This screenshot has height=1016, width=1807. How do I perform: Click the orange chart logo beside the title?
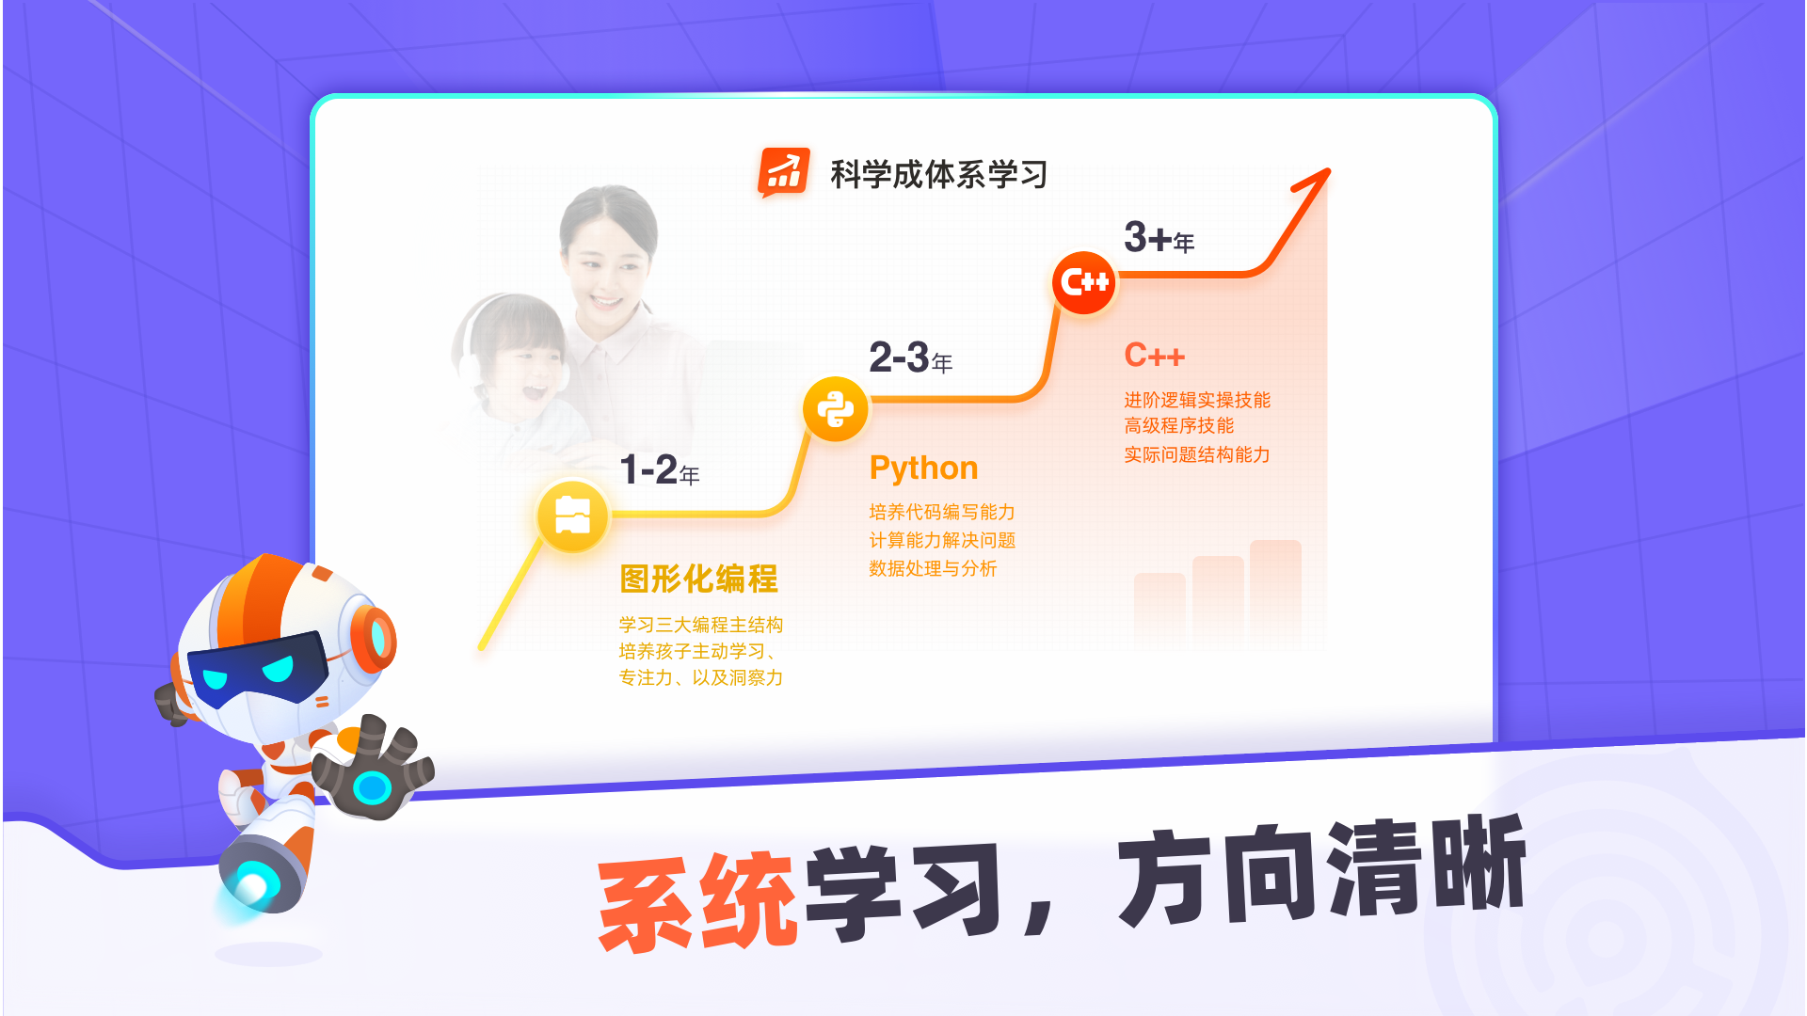point(783,173)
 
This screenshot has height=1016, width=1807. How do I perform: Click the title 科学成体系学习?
point(938,174)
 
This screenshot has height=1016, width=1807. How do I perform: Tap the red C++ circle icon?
point(1083,281)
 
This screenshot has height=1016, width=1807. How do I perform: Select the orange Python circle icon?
point(835,408)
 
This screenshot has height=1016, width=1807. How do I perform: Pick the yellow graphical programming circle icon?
point(572,515)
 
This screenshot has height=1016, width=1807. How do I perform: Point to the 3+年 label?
point(1159,238)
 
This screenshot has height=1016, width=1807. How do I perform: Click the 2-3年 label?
point(910,357)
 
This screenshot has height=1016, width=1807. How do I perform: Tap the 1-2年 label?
point(659,469)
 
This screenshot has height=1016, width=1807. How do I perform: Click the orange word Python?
point(923,468)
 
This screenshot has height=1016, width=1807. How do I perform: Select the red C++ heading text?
point(1154,356)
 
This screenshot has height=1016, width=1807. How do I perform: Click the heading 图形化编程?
point(698,579)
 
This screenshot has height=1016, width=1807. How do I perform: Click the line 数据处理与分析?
point(932,568)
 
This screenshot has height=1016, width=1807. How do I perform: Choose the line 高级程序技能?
point(1178,426)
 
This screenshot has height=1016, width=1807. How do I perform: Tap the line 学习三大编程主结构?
point(700,625)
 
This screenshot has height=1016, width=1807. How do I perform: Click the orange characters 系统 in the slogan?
point(697,901)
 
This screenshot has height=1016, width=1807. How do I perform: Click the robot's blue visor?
point(254,669)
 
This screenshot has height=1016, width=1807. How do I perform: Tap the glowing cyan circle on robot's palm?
point(371,786)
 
